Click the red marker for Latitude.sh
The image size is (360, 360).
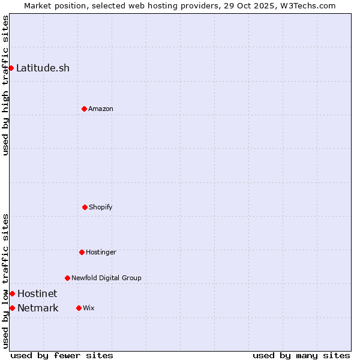pos(11,68)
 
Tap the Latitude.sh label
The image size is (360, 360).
pos(43,68)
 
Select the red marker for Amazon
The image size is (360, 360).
pos(84,109)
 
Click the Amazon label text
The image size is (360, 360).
pos(100,109)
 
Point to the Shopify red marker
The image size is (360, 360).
pos(85,207)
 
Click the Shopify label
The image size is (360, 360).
pos(100,207)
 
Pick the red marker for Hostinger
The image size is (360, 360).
pos(82,252)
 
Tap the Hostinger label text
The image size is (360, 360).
pos(101,252)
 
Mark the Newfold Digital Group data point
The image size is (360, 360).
pos(67,278)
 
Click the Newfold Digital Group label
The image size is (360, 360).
pos(106,278)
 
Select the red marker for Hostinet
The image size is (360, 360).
pos(12,293)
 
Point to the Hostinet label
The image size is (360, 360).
pos(37,293)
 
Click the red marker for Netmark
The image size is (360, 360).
pos(12,308)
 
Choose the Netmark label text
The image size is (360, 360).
pos(38,308)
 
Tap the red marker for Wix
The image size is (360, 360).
pos(79,308)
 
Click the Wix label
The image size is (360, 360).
pos(88,308)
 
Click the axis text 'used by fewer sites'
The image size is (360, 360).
pos(62,355)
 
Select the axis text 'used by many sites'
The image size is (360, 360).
pos(301,355)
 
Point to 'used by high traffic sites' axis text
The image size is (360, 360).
pos(5,85)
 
